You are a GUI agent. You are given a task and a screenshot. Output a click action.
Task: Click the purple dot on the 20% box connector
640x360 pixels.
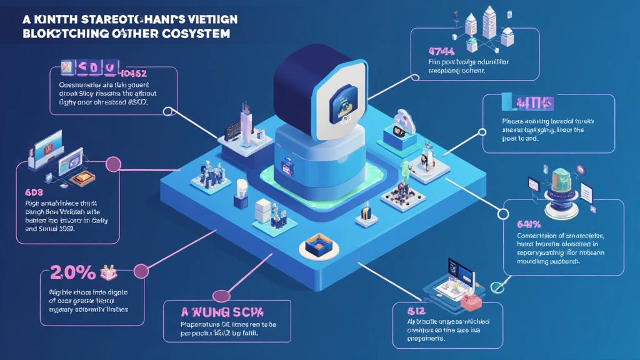(141, 270)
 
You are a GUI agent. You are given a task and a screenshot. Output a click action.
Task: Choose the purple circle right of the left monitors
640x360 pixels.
(113, 164)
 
